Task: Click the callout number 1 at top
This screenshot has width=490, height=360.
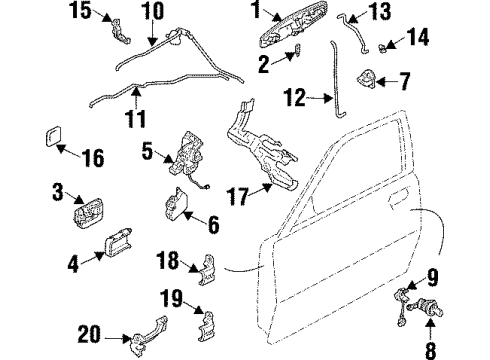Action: coord(255,12)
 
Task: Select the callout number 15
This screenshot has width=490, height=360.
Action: coord(78,12)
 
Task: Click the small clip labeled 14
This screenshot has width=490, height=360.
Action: coord(385,45)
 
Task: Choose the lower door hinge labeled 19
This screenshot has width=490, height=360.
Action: coord(207,325)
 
